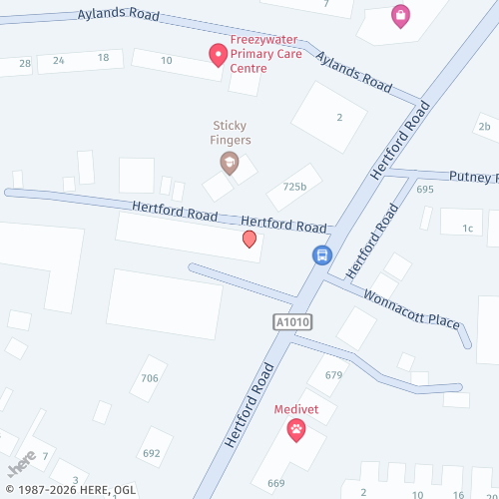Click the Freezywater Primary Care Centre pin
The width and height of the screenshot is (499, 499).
[217, 55]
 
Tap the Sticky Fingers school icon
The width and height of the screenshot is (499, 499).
[230, 163]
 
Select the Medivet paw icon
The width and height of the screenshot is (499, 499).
[296, 430]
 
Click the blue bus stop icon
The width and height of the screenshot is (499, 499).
[322, 255]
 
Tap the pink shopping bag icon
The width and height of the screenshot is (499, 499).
[400, 15]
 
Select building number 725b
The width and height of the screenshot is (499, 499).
[294, 187]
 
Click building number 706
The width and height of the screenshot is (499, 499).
[150, 378]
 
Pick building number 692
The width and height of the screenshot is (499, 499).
[152, 453]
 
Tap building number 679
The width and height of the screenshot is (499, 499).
[333, 375]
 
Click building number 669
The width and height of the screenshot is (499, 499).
[275, 484]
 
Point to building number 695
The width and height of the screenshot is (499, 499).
[425, 190]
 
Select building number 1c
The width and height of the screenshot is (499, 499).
[467, 229]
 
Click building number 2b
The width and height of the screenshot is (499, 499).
[484, 127]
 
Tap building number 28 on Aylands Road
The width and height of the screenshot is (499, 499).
[25, 64]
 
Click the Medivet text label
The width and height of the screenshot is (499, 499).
[296, 409]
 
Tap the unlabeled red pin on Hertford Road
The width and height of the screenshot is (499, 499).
[249, 240]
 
